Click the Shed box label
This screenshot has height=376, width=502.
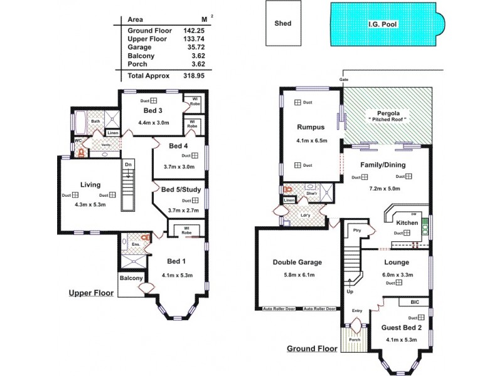[x=283, y=24]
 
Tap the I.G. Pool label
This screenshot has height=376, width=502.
[x=383, y=25]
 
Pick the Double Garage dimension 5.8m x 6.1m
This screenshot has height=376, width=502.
[x=298, y=274]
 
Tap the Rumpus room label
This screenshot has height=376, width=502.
[x=310, y=127]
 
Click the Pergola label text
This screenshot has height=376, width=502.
[x=387, y=113]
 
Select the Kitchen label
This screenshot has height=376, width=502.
[x=407, y=222]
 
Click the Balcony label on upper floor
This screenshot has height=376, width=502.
[x=131, y=278]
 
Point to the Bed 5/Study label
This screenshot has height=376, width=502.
[x=181, y=189]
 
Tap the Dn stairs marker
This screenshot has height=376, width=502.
[x=128, y=165]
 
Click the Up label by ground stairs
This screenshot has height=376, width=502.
[x=350, y=292]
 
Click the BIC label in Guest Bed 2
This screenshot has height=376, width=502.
[x=415, y=302]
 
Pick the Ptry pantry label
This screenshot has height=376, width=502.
[x=357, y=229]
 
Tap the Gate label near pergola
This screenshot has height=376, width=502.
[x=343, y=80]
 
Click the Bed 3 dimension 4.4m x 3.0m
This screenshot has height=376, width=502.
[x=154, y=123]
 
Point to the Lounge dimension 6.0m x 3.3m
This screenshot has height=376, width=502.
[x=397, y=274]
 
